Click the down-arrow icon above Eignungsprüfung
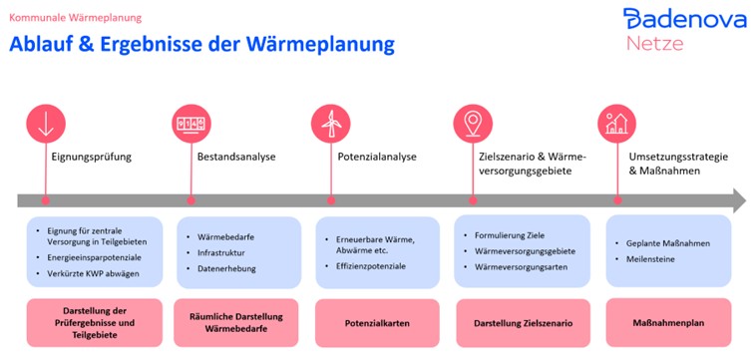coord(45,124)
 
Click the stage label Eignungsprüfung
coord(91,156)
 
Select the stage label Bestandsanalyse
coord(237,156)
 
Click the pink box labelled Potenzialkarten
coord(376,324)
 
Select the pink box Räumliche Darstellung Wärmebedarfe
coord(236,324)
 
